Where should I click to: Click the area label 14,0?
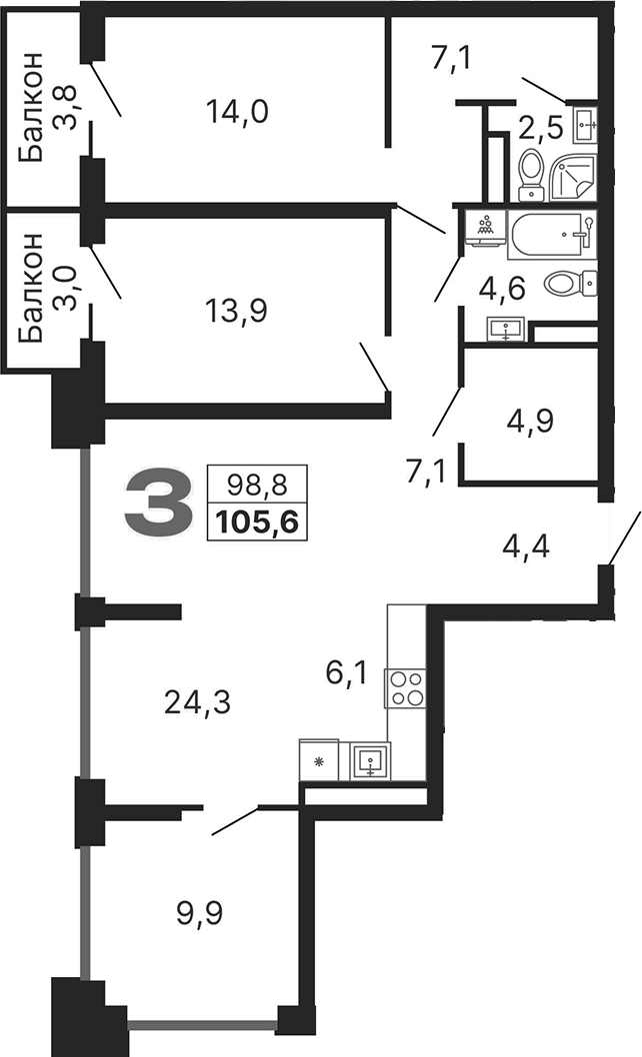coord(237,110)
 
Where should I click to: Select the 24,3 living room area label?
coord(197,703)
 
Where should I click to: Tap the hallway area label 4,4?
coord(526,546)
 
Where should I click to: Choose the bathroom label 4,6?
coord(502,291)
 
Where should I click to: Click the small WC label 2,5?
coord(540,127)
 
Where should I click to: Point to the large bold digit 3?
coord(157,505)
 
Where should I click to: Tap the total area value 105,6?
coord(257,521)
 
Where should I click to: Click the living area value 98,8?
coord(257,486)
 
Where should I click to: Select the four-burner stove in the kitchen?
coord(406,688)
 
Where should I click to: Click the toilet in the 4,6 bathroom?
coord(570,284)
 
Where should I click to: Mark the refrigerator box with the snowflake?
coord(319,761)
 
